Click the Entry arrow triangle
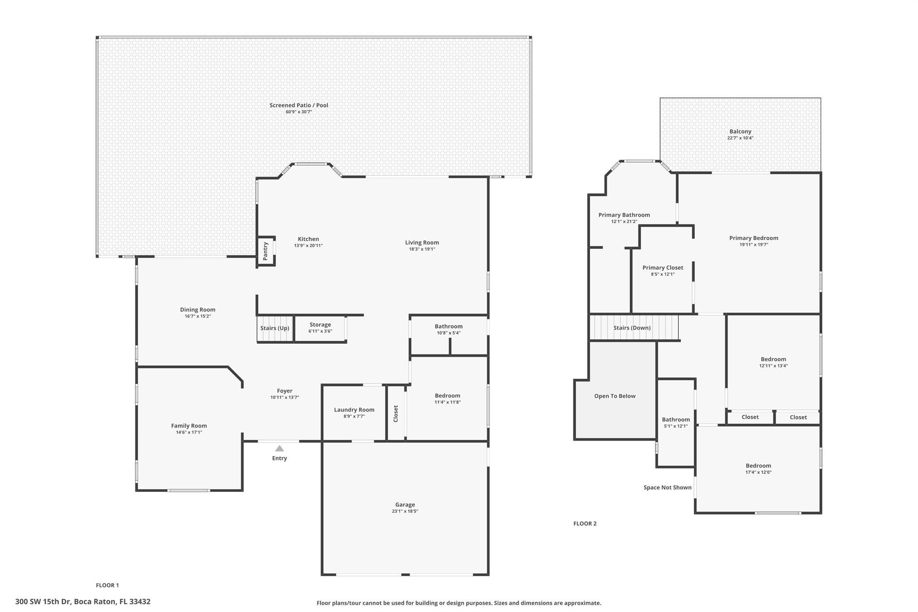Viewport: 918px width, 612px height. (279, 448)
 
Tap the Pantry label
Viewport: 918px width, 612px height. (265, 251)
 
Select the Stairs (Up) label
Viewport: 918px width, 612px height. (275, 328)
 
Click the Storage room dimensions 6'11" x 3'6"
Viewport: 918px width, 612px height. (320, 331)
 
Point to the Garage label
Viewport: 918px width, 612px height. (405, 504)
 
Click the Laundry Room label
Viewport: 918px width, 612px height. (354, 409)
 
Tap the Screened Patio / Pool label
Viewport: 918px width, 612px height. (299, 105)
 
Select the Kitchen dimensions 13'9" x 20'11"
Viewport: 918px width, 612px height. (308, 246)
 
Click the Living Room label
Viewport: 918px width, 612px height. (422, 243)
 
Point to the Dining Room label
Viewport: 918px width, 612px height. (198, 309)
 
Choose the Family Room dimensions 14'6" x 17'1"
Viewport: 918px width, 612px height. (189, 432)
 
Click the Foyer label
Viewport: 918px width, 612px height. (285, 391)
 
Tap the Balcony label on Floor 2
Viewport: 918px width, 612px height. (740, 131)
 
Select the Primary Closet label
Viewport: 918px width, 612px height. (663, 268)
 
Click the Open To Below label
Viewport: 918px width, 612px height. (615, 396)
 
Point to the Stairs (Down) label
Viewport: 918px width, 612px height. (632, 328)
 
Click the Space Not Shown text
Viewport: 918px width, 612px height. (667, 487)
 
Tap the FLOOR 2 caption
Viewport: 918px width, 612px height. (585, 523)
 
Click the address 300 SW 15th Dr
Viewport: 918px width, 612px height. (43, 602)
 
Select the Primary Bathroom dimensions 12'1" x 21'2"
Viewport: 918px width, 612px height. (624, 221)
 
